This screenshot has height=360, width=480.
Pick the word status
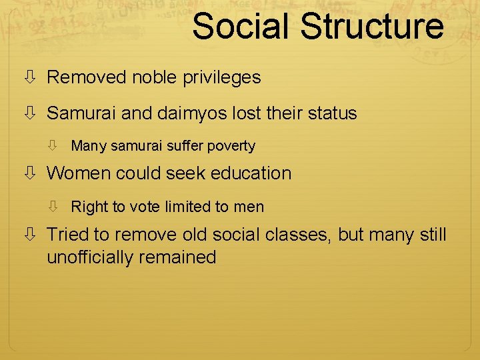[334, 113]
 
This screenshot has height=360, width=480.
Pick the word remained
[183, 257]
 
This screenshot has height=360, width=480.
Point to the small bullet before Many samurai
[59, 146]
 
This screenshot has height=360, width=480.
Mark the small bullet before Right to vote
[59, 207]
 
